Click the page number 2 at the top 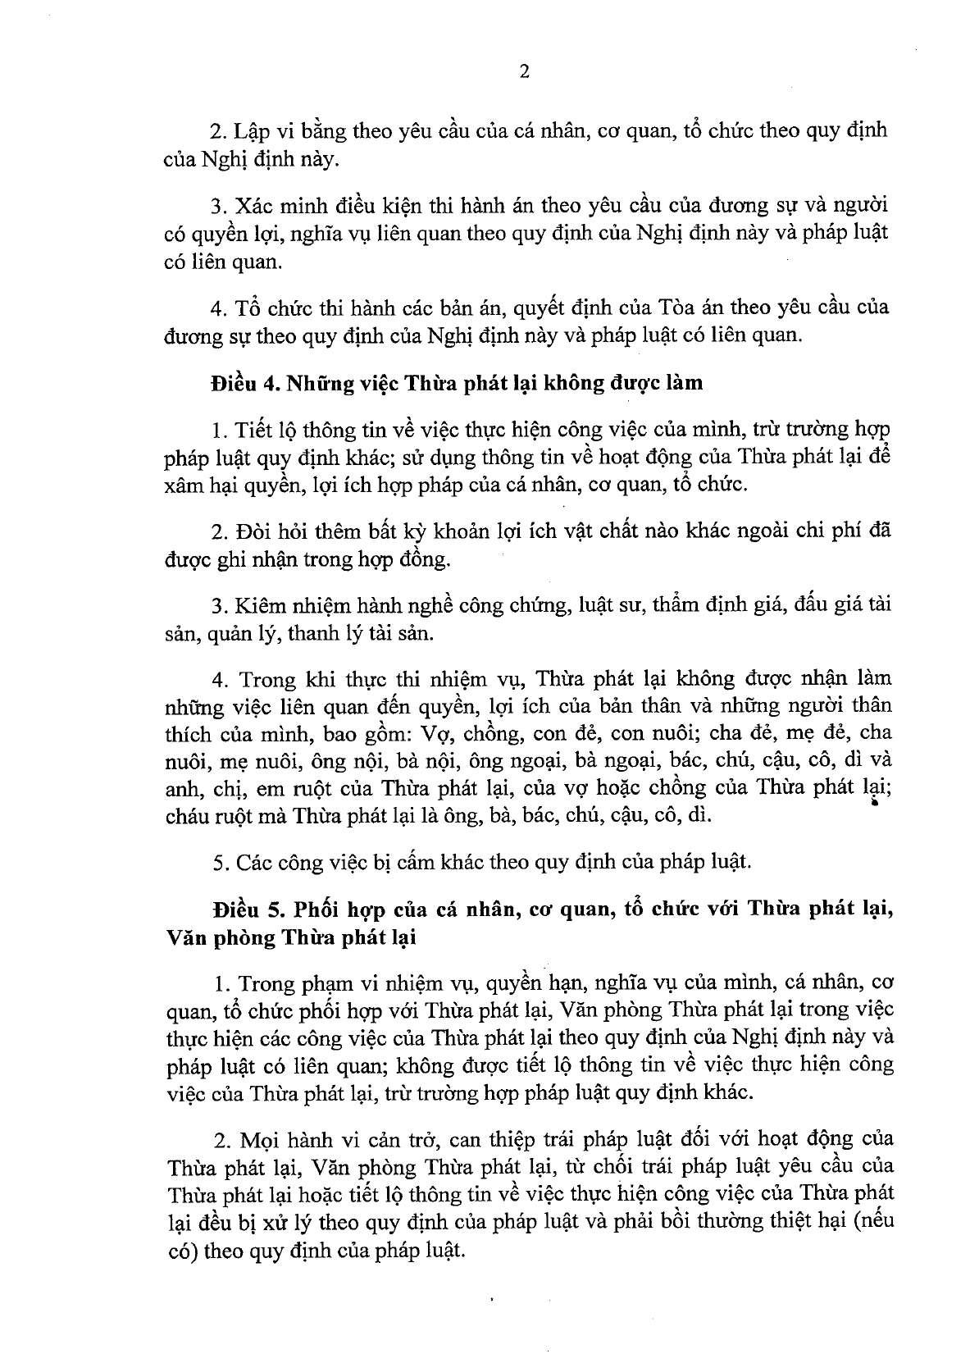[524, 71]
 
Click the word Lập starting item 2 [249, 131]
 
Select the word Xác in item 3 [251, 203]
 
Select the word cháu [187, 816]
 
